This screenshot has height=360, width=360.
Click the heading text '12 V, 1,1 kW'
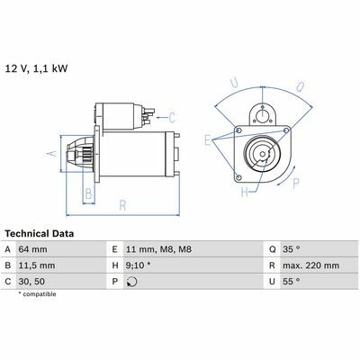pos(37,68)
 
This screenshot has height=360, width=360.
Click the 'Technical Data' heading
pos(40,234)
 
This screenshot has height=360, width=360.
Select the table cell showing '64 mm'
pos(32,249)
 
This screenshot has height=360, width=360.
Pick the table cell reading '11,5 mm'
pos(37,265)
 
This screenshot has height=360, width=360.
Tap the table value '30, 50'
pos(31,282)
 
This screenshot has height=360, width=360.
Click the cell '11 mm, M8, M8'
pos(158,249)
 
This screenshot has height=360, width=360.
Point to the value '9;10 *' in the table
pos(139,265)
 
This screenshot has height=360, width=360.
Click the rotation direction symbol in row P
pos(131,282)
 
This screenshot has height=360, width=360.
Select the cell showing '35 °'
pos(291,249)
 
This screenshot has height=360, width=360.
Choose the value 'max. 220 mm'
pos(310,265)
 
